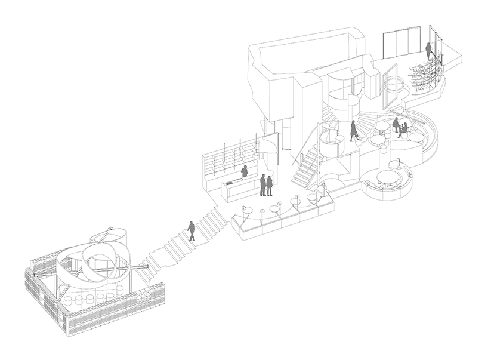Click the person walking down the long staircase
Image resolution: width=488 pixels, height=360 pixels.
point(191,231)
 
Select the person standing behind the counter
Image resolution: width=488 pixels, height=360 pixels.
point(244,172)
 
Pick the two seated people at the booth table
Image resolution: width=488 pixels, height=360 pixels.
point(399,127)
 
